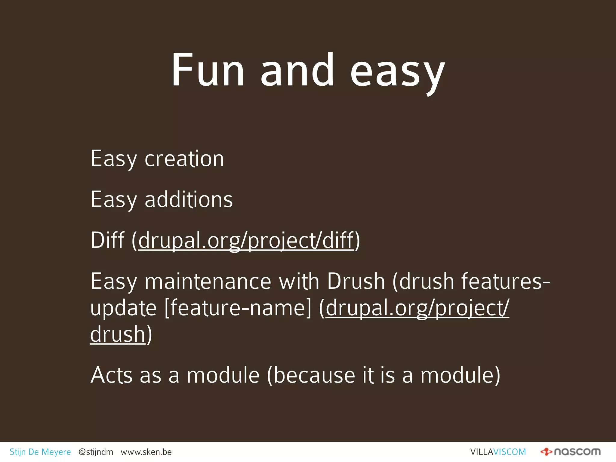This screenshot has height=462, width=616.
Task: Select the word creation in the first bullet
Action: tap(184, 159)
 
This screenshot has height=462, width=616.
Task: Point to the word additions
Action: tap(189, 199)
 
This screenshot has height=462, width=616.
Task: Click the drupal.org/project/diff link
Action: tap(246, 241)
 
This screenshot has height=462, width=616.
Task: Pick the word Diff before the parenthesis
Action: tap(107, 240)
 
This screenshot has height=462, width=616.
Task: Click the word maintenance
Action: tap(208, 282)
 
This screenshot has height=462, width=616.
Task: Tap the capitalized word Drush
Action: tap(356, 282)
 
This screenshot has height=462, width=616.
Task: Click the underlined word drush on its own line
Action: tap(118, 334)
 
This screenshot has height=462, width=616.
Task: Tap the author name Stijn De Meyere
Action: tap(40, 452)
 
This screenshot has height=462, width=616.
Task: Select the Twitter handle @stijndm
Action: tap(96, 452)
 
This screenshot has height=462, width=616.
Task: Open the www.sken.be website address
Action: tap(146, 452)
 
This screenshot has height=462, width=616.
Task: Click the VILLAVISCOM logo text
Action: tap(498, 452)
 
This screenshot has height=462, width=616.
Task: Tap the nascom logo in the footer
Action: tap(570, 452)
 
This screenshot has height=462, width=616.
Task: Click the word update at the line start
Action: tap(123, 308)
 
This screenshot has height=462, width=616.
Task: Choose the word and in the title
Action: tap(297, 71)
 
